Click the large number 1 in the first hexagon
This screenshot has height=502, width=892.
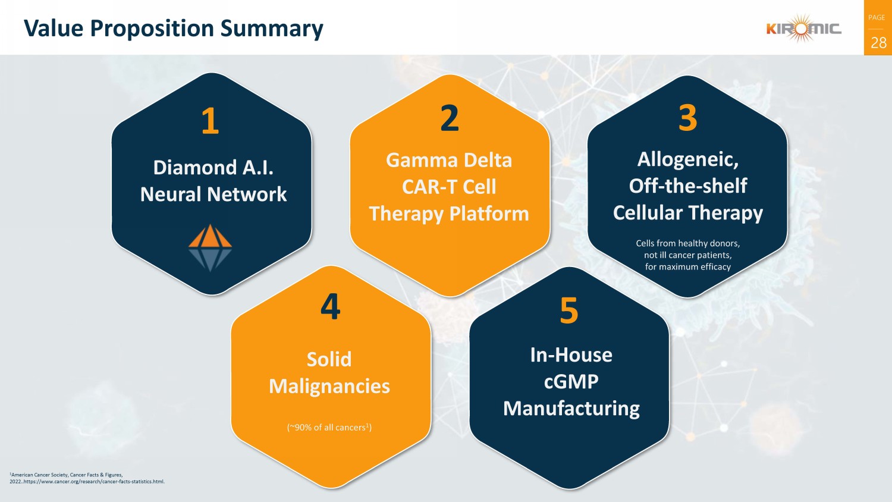[x=210, y=121]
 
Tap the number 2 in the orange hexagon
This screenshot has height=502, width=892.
[x=450, y=118]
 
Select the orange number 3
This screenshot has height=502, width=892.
[x=687, y=118]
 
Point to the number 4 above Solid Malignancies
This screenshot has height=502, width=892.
[x=330, y=306]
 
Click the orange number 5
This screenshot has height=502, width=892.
[x=569, y=310]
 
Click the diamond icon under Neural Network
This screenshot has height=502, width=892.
[x=210, y=247]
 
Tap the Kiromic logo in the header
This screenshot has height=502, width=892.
[x=803, y=28]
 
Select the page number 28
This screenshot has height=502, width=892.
[x=878, y=43]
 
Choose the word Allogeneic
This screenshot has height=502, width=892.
[x=687, y=159]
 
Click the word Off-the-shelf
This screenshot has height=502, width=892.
[x=687, y=186]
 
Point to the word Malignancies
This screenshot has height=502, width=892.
[x=329, y=387]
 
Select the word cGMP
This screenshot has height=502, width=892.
[x=571, y=381]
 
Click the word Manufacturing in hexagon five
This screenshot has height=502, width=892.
[x=571, y=409]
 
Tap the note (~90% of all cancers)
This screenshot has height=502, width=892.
[x=329, y=427]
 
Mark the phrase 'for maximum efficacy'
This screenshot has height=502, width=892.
[x=687, y=267]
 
